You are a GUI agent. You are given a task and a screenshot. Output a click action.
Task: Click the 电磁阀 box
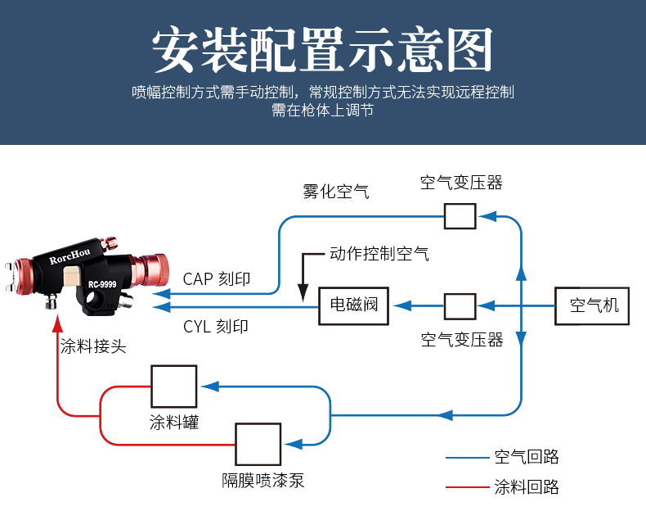click(x=354, y=306)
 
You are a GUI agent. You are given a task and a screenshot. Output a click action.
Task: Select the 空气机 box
click(x=594, y=306)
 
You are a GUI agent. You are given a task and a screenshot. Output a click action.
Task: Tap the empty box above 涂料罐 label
click(x=173, y=386)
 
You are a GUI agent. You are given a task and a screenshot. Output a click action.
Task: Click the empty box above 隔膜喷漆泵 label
click(x=258, y=444)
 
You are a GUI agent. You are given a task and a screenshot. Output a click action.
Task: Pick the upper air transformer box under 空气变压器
click(x=460, y=215)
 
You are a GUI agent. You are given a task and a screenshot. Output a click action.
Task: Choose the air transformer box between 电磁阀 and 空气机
click(x=460, y=306)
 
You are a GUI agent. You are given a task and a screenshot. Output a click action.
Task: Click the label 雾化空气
click(x=335, y=192)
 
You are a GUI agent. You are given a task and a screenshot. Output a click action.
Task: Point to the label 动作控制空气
click(x=379, y=254)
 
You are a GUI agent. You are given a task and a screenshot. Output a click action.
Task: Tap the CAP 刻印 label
click(x=217, y=279)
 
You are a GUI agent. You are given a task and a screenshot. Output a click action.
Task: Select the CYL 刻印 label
click(x=216, y=327)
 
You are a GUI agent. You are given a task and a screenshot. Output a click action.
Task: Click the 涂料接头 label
click(x=94, y=346)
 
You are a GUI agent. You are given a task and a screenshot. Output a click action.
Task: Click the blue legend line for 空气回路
click(x=466, y=458)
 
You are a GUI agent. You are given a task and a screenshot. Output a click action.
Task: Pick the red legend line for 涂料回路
click(x=466, y=488)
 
